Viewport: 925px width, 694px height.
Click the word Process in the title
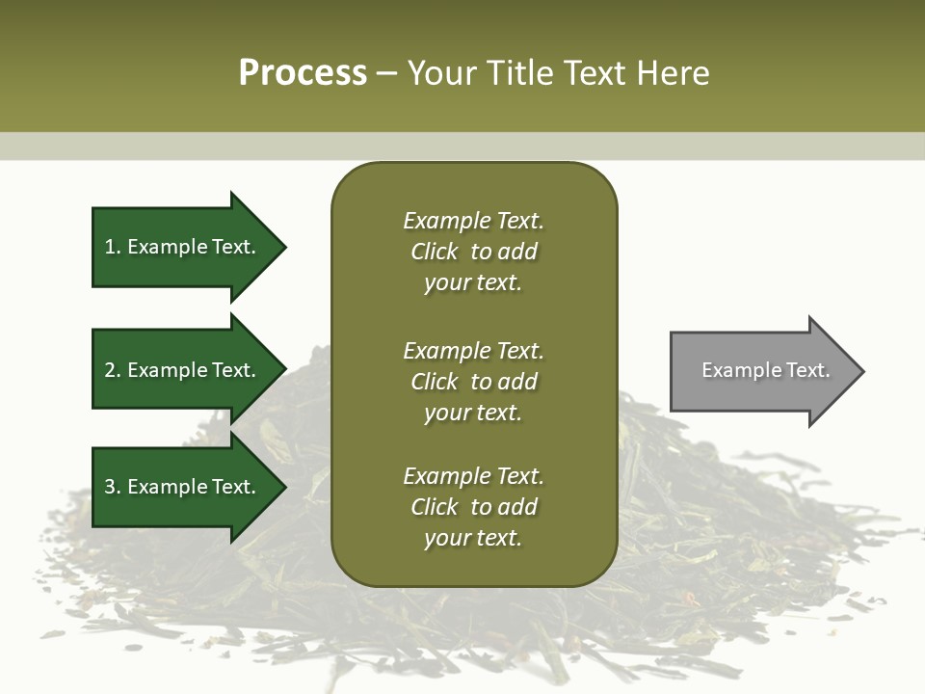pos(303,73)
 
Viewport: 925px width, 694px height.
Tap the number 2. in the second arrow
pos(112,370)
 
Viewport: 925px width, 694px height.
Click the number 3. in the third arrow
pos(112,487)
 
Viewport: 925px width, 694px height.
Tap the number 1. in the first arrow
pos(112,247)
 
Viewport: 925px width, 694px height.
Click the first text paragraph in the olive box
pos(473,252)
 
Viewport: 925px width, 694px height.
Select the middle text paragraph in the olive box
pos(473,382)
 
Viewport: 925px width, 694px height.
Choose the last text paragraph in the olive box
pos(473,507)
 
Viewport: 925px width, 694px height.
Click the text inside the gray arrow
pos(765,370)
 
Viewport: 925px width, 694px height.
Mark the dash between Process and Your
pos(386,74)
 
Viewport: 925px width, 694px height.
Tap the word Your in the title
pos(440,73)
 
